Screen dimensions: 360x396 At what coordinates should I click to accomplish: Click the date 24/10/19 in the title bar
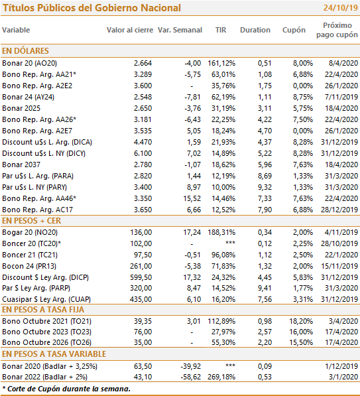[341, 7]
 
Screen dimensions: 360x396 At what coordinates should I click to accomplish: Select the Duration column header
[255, 30]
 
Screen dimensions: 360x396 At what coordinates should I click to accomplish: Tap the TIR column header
[221, 30]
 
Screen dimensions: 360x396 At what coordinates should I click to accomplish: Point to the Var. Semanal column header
[180, 30]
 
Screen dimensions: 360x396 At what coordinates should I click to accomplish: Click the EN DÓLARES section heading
[25, 51]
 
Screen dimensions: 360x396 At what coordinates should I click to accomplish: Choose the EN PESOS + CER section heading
[31, 221]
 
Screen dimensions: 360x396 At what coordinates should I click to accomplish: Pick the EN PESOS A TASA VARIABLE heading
[54, 354]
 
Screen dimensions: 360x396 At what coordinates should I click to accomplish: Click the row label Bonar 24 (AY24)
[28, 97]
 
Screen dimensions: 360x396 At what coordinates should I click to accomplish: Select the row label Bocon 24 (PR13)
[29, 266]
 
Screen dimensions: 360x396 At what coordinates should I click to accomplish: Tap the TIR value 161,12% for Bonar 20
[221, 63]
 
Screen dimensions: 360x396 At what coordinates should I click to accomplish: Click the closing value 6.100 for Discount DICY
[143, 153]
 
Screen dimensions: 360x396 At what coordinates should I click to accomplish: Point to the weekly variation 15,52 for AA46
[192, 198]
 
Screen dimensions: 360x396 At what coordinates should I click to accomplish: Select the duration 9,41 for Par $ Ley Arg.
[265, 288]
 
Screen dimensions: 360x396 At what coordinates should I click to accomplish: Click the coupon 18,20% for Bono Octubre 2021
[301, 321]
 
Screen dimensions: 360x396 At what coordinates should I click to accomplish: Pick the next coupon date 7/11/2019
[341, 97]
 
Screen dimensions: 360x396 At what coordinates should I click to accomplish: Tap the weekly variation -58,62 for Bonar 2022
[190, 377]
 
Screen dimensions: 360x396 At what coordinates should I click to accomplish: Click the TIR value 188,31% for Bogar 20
[221, 232]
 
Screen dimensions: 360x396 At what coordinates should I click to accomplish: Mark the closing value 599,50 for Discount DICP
[141, 277]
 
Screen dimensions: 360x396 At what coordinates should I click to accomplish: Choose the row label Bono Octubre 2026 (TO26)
[46, 342]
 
